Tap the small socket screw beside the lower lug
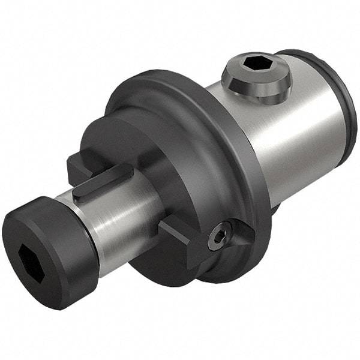tap(218, 236)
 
